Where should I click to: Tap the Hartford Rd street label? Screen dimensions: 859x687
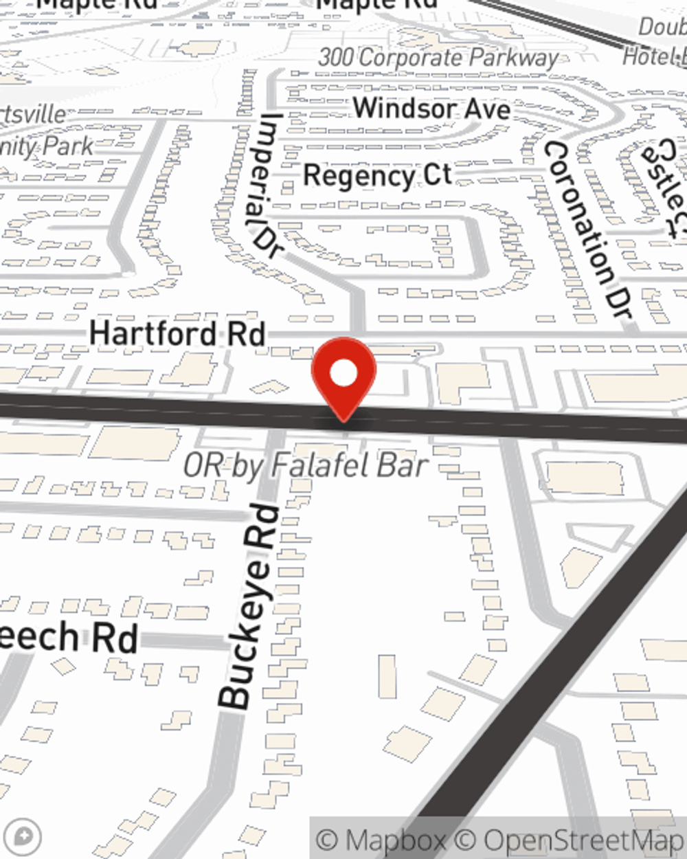pyautogui.click(x=177, y=334)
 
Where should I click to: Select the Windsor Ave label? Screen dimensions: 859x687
pyautogui.click(x=431, y=109)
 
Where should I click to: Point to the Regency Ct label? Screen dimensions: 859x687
pyautogui.click(x=377, y=176)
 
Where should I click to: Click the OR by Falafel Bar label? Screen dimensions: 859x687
pyautogui.click(x=306, y=466)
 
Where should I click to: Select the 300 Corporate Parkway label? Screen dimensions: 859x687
pyautogui.click(x=438, y=58)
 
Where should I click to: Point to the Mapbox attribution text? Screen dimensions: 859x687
pyautogui.click(x=382, y=840)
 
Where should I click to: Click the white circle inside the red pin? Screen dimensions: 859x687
pyautogui.click(x=343, y=374)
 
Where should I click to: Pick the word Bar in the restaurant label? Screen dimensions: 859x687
pyautogui.click(x=402, y=466)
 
